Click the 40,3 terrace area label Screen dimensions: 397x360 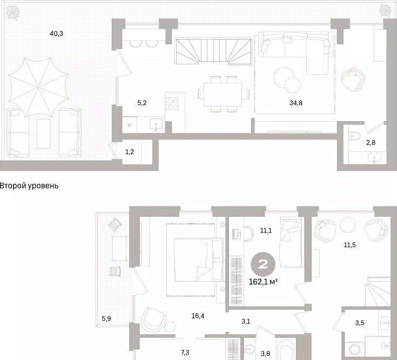tap(57, 34)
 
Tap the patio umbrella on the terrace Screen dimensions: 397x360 tap(38, 88)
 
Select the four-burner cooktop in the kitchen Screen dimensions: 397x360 tap(172, 103)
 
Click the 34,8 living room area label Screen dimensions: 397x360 tap(296, 103)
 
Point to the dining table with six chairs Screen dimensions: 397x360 tap(223, 94)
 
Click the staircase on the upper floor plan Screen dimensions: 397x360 tap(213, 51)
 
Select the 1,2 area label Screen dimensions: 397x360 tap(130, 152)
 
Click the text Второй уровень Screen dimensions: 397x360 tap(29, 186)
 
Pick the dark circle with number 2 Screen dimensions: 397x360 tap(263, 264)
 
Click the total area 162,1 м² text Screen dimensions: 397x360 tap(264, 282)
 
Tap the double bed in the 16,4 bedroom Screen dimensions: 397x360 tap(199, 259)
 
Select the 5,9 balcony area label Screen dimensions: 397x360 tap(106, 318)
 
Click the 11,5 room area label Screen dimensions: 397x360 tap(349, 245)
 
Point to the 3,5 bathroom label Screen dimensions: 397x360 tap(360, 323)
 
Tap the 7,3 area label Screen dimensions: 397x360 tap(185, 352)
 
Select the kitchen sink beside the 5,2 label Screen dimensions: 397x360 tap(156, 125)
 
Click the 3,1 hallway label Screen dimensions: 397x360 tap(246, 322)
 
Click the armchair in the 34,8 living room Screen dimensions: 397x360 tap(353, 79)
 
